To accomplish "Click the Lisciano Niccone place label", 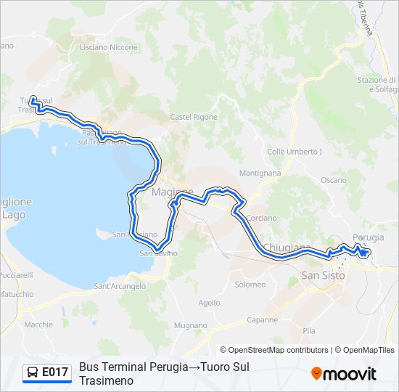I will pyautogui.click(x=108, y=47).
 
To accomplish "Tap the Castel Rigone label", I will pyautogui.click(x=194, y=117).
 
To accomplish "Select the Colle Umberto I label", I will pyautogui.click(x=294, y=152).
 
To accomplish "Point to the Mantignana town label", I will pyautogui.click(x=260, y=173).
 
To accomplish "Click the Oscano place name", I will pyautogui.click(x=334, y=179).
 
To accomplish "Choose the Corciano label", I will pyautogui.click(x=261, y=218).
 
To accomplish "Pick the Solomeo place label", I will pyautogui.click(x=250, y=285).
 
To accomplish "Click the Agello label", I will pyautogui.click(x=208, y=303).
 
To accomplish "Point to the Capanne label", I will pyautogui.click(x=262, y=319).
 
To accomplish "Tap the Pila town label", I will pyautogui.click(x=309, y=330).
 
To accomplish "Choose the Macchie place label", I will pyautogui.click(x=38, y=324).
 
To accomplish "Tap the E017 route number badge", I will pyautogui.click(x=55, y=372).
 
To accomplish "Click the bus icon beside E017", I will pyautogui.click(x=33, y=372).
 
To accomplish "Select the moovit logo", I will pyautogui.click(x=344, y=374).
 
